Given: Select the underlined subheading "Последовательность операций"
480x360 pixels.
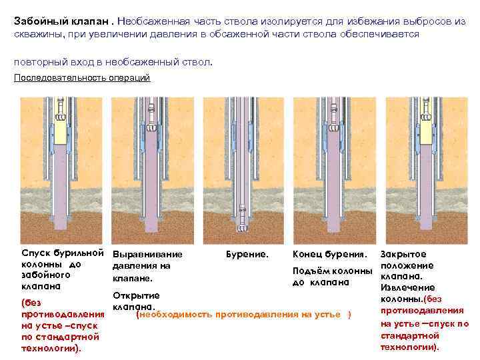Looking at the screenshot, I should [x=82, y=78].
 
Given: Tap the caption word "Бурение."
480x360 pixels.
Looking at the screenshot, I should [x=247, y=255].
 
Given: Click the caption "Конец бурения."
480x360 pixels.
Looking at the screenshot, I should [x=330, y=255].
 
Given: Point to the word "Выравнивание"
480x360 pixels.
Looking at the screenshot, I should [x=147, y=255].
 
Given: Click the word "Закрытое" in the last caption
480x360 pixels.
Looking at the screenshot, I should [x=403, y=254].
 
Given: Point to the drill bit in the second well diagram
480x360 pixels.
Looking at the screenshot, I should [x=152, y=125].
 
